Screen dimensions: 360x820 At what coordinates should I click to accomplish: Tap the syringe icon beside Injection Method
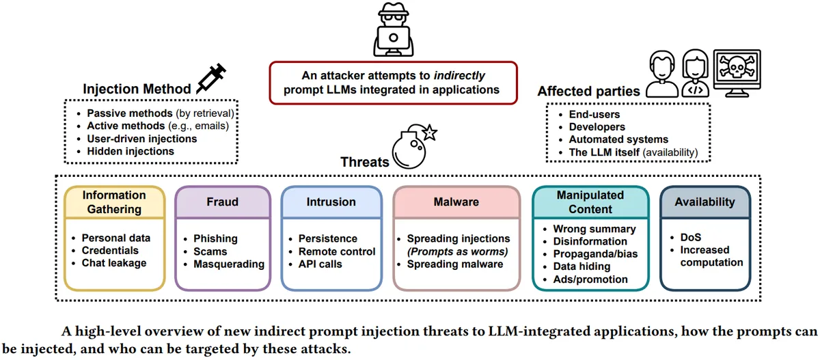pos(210,79)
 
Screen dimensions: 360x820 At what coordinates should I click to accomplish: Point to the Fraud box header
pos(222,202)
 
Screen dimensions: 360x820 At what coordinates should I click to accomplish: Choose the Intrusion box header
pos(331,202)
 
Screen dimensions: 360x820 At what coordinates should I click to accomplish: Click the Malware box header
pos(456,202)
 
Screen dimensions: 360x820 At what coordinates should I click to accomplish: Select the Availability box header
pos(705,202)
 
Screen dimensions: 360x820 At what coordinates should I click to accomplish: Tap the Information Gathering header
pos(114,202)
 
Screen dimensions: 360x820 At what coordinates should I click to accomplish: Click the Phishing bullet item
pos(215,238)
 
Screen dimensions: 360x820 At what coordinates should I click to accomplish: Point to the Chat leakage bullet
pos(113,263)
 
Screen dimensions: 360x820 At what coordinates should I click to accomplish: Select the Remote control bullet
pos(336,251)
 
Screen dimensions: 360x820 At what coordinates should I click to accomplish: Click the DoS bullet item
pos(690,237)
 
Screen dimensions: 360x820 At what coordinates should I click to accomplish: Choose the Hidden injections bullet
pos(130,151)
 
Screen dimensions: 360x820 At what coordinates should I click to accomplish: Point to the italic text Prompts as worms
pos(458,251)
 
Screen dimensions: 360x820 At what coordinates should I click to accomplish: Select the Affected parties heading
pos(588,92)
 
